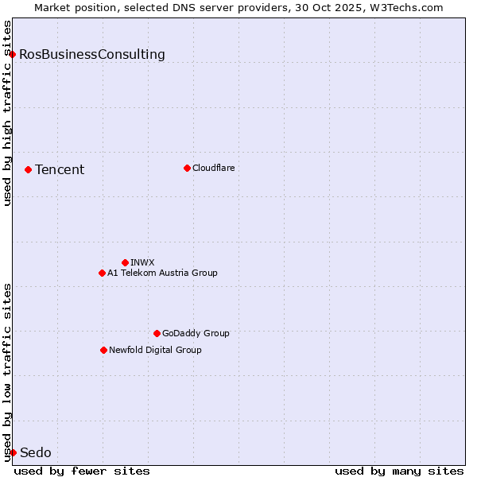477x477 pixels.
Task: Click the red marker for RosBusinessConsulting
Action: click(13, 54)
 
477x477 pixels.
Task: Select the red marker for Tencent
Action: click(28, 169)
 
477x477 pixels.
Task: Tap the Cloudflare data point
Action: click(187, 168)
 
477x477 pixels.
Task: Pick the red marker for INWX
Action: click(125, 262)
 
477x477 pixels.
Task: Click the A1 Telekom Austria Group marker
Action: click(102, 273)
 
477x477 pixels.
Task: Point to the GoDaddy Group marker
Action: click(157, 333)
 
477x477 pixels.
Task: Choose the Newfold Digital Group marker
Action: click(103, 350)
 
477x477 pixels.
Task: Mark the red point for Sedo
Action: click(13, 452)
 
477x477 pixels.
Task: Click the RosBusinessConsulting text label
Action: click(92, 54)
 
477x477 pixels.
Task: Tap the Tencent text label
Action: click(60, 169)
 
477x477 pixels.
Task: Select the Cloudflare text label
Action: click(213, 168)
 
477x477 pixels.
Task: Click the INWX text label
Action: click(142, 262)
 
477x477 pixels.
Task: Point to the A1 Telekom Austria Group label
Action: click(162, 273)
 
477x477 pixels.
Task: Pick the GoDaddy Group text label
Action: click(196, 333)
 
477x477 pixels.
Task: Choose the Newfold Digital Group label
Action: click(155, 350)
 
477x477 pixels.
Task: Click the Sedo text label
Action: click(35, 452)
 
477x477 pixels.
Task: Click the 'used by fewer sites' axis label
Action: click(82, 471)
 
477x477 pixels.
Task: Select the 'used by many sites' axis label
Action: click(399, 471)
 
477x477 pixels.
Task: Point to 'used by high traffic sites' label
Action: click(7, 113)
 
